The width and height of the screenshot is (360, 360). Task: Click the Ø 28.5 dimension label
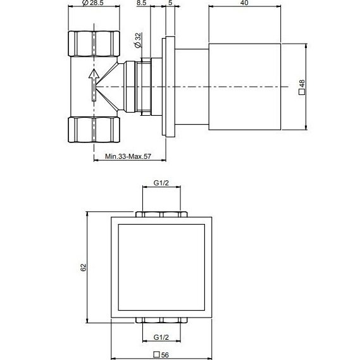94,4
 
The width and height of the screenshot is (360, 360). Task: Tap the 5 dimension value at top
170,4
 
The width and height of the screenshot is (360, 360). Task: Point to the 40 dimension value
244,4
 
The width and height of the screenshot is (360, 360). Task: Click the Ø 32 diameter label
137,41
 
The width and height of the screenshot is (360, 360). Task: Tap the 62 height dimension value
83,268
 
